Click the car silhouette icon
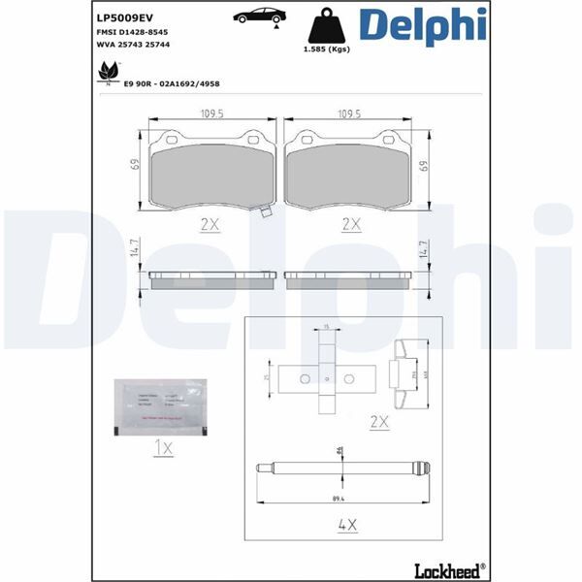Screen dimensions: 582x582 tap(258, 15)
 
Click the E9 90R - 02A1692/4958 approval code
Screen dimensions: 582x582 tap(173, 84)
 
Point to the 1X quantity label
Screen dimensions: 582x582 tap(163, 448)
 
